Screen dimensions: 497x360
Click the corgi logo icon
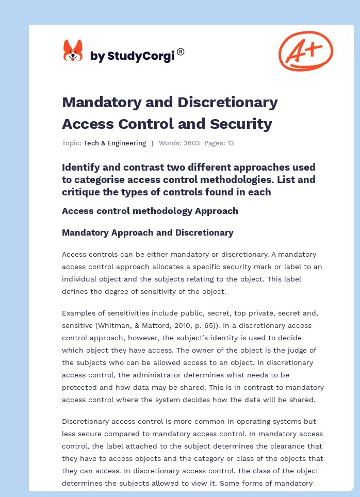coord(73,51)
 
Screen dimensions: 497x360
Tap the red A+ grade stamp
coord(305,51)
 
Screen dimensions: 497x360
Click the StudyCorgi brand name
coord(132,56)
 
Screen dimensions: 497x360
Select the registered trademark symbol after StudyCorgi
coord(181,52)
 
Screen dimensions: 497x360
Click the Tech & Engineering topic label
coord(114,143)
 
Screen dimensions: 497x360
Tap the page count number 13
coord(230,143)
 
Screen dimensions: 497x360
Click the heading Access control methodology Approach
coord(150,210)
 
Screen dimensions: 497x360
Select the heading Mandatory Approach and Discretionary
coord(148,233)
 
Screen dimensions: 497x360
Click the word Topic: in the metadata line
coord(72,143)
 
